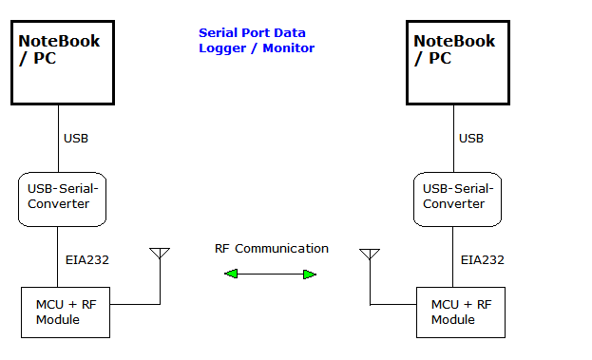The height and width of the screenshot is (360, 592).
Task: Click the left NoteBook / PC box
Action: pyautogui.click(x=64, y=65)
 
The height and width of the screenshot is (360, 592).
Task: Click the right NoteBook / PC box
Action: pyautogui.click(x=453, y=65)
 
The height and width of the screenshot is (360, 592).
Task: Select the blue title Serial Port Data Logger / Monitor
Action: pyautogui.click(x=256, y=40)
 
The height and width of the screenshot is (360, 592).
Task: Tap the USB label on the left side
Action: pyautogui.click(x=76, y=139)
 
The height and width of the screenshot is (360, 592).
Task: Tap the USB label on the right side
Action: pyautogui.click(x=471, y=139)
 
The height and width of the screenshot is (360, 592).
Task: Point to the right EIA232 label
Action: pyautogui.click(x=482, y=259)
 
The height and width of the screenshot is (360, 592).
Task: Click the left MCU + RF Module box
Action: pyautogui.click(x=67, y=312)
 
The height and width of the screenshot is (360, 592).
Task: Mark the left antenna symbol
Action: pyautogui.click(x=160, y=254)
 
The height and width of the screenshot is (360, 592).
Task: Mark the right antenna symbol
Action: pyautogui.click(x=370, y=255)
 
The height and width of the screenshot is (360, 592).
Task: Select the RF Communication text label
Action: pyautogui.click(x=271, y=249)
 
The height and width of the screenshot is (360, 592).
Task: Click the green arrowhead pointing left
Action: pyautogui.click(x=231, y=275)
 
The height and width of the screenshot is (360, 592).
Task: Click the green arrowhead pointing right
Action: pyautogui.click(x=309, y=275)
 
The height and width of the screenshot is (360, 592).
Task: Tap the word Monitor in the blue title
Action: pyautogui.click(x=291, y=47)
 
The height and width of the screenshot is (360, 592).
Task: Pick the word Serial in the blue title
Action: pyautogui.click(x=217, y=32)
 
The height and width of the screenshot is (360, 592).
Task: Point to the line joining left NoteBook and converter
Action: pyautogui.click(x=59, y=138)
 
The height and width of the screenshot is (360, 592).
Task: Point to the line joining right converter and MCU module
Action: pyautogui.click(x=453, y=256)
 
